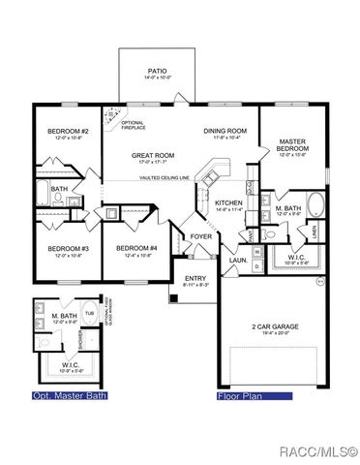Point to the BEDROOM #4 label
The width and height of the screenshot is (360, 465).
(x=135, y=249)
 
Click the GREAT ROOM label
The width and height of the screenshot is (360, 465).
(x=152, y=156)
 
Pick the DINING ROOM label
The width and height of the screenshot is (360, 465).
(x=225, y=131)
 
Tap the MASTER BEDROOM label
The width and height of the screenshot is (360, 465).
(x=292, y=146)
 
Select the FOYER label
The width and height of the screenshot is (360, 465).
(x=201, y=236)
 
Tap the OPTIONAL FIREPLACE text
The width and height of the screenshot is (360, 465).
(x=133, y=125)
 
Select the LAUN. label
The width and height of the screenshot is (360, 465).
(x=237, y=260)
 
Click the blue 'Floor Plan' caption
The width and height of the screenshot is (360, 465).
(x=240, y=395)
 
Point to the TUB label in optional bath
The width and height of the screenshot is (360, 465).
(x=89, y=315)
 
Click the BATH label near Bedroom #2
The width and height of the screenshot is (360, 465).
(x=60, y=189)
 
